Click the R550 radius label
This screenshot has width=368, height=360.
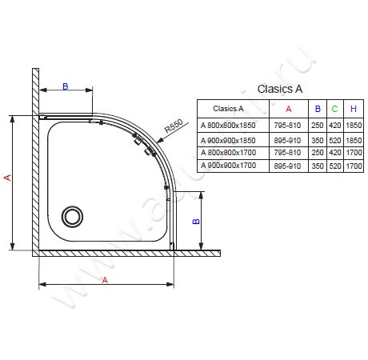(x=174, y=126)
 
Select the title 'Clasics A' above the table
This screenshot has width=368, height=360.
(x=280, y=89)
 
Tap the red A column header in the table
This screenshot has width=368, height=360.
(x=289, y=109)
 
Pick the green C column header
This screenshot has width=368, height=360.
(x=334, y=109)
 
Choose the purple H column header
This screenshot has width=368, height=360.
(x=354, y=109)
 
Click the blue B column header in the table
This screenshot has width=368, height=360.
(x=318, y=109)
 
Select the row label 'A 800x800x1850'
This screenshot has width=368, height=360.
(x=228, y=125)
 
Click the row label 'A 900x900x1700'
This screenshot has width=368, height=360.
(x=229, y=166)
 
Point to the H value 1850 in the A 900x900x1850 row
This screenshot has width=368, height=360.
(x=354, y=140)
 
